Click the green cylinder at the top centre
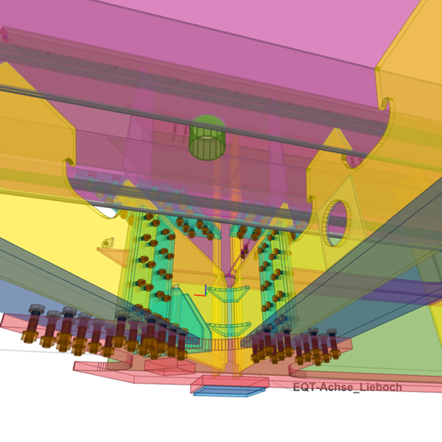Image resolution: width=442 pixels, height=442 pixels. click(x=207, y=137)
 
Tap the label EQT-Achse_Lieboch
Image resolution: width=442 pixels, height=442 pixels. click(x=348, y=387)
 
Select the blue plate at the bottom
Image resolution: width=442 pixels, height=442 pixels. click(x=229, y=391)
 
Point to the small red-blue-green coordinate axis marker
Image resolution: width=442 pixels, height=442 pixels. click(x=202, y=292)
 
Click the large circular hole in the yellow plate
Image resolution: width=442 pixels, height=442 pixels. click(x=338, y=223)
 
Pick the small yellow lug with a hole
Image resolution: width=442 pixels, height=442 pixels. click(x=108, y=242)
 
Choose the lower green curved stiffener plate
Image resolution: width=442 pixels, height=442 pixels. click(x=229, y=329)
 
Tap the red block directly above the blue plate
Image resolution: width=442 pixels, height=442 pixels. click(x=230, y=381)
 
